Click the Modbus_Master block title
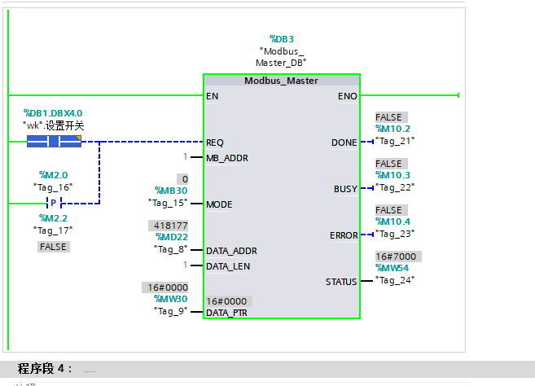(x=281, y=81)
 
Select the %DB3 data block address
(x=281, y=38)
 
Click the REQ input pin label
(x=216, y=142)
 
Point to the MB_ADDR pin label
(x=227, y=157)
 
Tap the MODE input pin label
(x=220, y=204)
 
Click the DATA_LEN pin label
(x=228, y=265)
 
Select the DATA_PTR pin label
(x=227, y=312)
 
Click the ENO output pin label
(x=347, y=96)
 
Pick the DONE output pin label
(x=344, y=143)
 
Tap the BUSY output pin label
(x=345, y=189)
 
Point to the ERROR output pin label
(x=344, y=235)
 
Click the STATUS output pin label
(x=341, y=282)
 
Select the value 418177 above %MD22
(x=168, y=226)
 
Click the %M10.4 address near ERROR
(x=392, y=222)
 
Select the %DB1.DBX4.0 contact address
(x=53, y=113)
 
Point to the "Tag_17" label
(x=53, y=230)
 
